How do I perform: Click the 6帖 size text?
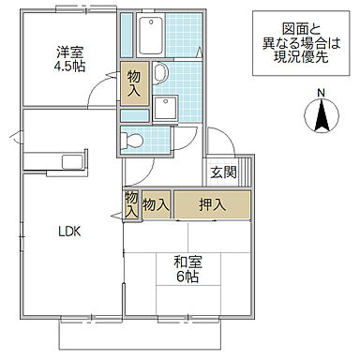[185, 277]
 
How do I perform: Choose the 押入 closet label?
[212, 204]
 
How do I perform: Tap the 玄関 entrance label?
[224, 172]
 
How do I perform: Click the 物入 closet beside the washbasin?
[133, 85]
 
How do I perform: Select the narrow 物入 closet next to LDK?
[130, 205]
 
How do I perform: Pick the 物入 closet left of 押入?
[156, 204]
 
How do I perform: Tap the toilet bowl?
[131, 141]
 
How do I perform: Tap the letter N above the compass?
[320, 92]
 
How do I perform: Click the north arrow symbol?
[320, 117]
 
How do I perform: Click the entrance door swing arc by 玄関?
[214, 141]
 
